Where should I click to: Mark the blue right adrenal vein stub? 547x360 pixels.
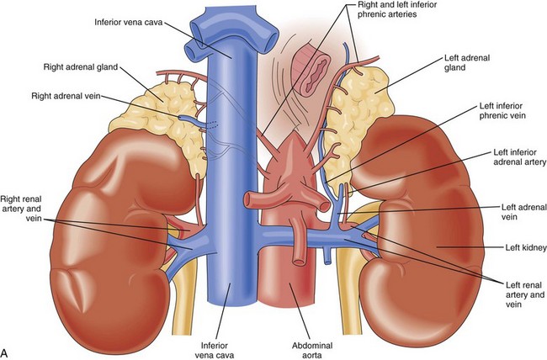point(200,119)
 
